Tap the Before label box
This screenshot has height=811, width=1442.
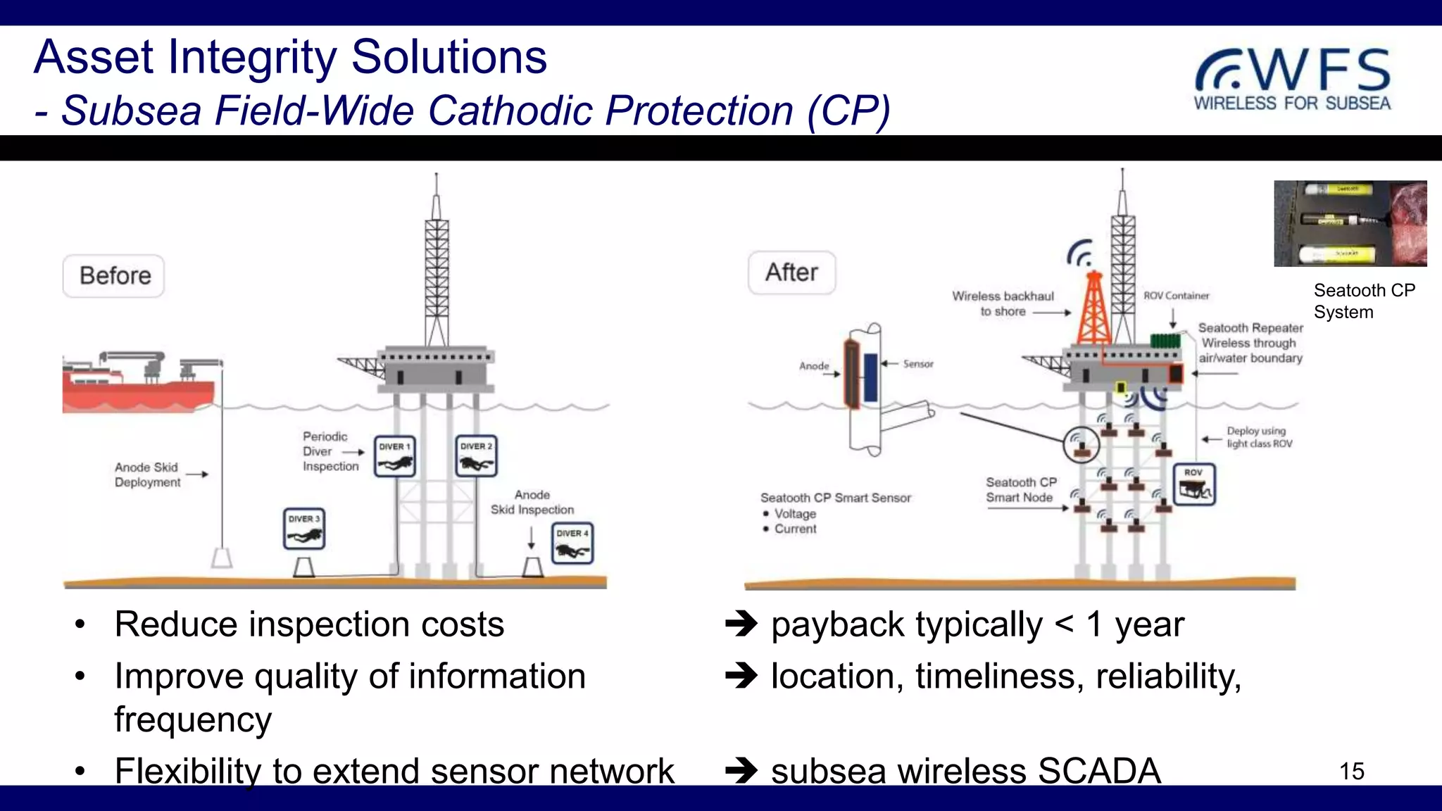coord(114,276)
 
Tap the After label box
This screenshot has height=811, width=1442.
coord(791,272)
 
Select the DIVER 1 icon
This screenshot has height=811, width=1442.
coord(394,457)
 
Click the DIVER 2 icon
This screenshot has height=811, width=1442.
coord(476,457)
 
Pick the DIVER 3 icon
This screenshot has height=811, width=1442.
coord(304,529)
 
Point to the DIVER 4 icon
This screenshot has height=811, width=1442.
coord(572,543)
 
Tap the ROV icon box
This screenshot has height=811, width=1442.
coord(1194,484)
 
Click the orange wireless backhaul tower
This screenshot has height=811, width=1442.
coord(1093,310)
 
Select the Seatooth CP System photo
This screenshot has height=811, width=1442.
coord(1350,223)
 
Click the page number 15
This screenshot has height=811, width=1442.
coord(1351,771)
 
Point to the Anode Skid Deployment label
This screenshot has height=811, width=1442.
coord(148,474)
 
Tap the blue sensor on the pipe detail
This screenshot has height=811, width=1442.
coord(871,378)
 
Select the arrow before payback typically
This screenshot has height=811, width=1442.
coord(741,624)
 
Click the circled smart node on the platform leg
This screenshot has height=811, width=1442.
coord(1081,445)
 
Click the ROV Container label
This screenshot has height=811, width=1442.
coord(1176,296)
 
